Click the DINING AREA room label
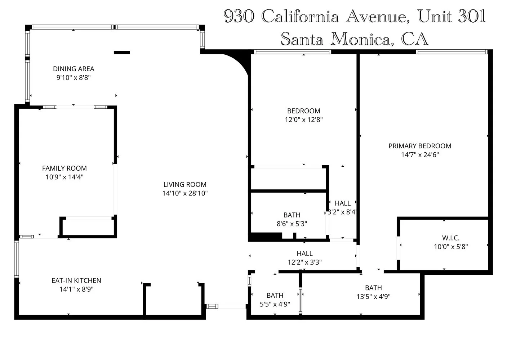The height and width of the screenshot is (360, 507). (74, 69)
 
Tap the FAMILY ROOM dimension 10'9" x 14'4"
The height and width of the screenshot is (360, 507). (64, 177)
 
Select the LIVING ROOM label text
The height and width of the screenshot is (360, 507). (185, 184)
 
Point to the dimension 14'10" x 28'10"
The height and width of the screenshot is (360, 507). (185, 193)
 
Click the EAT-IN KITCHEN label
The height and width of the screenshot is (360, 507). (76, 280)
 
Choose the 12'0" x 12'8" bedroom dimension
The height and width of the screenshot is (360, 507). (303, 120)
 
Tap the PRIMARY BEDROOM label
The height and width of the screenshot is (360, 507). (420, 146)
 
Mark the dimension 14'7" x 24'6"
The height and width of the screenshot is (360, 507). (420, 155)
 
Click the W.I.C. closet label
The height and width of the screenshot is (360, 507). (450, 238)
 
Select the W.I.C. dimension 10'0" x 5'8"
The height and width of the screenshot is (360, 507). (450, 247)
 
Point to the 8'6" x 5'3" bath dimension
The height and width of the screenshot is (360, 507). (292, 224)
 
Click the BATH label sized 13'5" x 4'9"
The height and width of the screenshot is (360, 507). (373, 288)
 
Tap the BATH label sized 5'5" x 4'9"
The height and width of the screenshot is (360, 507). (275, 295)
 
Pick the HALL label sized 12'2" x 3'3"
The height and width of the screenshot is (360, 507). (304, 253)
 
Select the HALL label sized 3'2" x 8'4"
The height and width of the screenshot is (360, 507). (342, 203)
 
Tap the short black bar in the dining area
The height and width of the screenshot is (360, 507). (121, 53)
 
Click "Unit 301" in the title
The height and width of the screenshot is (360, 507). (451, 16)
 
